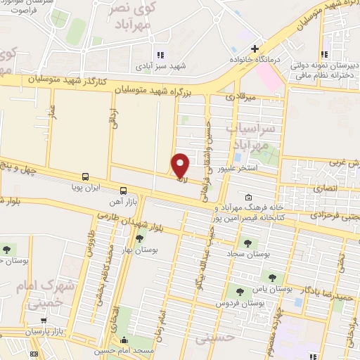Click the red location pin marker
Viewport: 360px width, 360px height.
[181, 165]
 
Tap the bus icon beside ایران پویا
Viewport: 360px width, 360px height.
[85, 176]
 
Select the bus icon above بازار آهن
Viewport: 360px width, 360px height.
[124, 190]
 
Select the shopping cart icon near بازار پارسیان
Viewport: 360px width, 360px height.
[44, 321]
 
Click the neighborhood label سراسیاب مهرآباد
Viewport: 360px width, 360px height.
[246, 136]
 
